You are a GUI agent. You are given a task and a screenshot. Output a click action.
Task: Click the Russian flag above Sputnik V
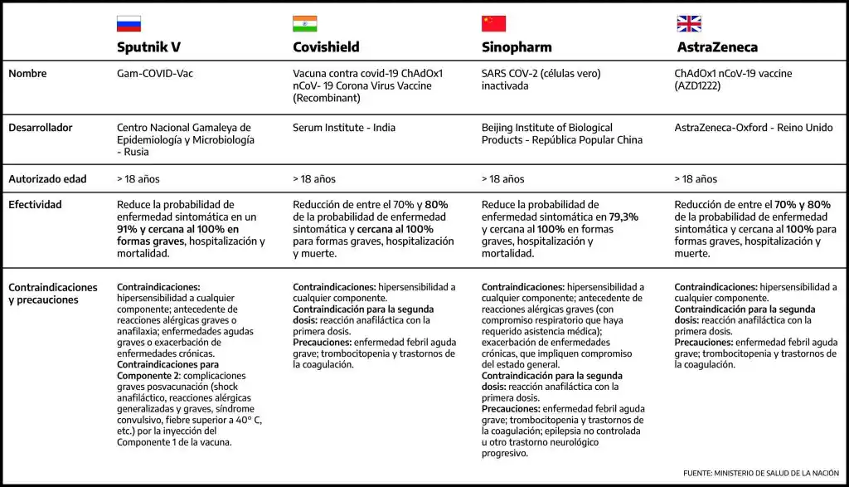[129, 24]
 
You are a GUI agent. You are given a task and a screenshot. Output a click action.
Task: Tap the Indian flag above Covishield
[304, 24]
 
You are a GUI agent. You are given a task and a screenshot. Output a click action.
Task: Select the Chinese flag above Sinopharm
[493, 24]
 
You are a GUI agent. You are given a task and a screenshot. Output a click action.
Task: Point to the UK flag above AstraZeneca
[689, 24]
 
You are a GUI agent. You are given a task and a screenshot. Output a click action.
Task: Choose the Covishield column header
[327, 47]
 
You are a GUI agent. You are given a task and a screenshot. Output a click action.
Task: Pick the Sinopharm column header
[517, 47]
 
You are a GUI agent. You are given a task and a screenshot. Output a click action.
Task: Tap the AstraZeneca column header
[717, 47]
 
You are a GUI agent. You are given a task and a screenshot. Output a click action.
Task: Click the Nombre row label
[27, 74]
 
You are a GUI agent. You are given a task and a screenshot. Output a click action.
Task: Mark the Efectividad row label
[35, 204]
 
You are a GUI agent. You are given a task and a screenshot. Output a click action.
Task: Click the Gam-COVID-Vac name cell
[155, 74]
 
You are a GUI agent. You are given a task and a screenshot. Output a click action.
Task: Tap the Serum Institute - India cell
[344, 129]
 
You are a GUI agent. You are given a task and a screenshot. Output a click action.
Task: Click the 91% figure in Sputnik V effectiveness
[128, 229]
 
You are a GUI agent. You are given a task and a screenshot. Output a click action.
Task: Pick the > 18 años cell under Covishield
[314, 179]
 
